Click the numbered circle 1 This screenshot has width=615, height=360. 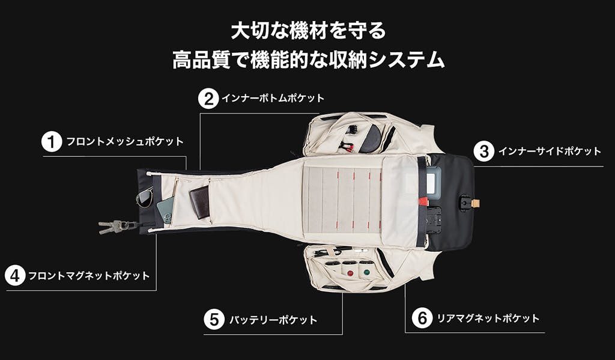[x=52, y=142]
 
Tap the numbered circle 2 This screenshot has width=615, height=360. [x=208, y=99]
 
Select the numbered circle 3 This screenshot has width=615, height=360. [x=484, y=151]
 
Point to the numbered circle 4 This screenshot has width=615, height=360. [x=15, y=276]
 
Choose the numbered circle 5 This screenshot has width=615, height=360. [x=214, y=320]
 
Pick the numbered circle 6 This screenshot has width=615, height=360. [x=422, y=318]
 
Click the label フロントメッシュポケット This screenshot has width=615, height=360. [x=125, y=142]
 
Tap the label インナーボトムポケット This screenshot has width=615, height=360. [x=273, y=98]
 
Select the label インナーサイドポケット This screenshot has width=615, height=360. [x=550, y=151]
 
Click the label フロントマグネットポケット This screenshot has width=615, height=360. [x=89, y=276]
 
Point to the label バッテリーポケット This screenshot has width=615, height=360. [x=273, y=320]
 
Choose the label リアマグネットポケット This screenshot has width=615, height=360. [x=488, y=318]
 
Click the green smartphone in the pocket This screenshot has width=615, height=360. [x=165, y=210]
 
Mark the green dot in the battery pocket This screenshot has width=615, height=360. [x=367, y=272]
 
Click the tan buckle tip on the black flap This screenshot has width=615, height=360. [x=476, y=203]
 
